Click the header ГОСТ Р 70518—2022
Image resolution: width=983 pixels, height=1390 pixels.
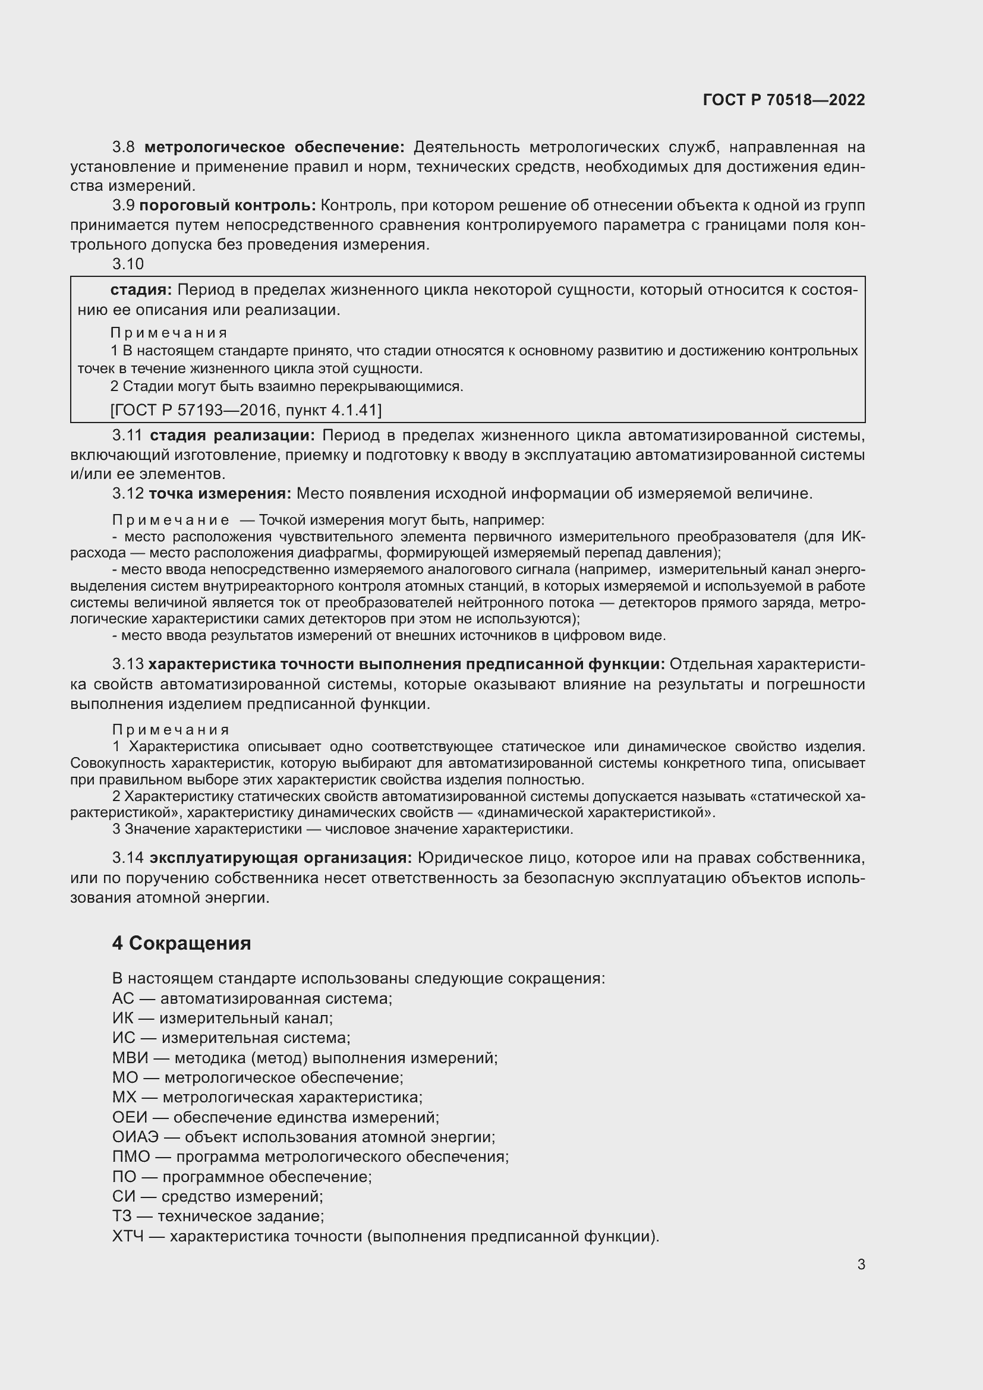[784, 100]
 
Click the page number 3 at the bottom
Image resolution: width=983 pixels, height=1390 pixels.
[861, 1264]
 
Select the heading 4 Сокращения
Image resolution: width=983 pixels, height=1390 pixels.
[181, 943]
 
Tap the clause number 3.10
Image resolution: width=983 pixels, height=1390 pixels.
[128, 264]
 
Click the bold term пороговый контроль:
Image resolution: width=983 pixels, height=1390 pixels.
[228, 206]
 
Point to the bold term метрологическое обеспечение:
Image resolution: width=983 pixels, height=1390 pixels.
[274, 147]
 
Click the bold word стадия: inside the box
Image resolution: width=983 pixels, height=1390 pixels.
[141, 290]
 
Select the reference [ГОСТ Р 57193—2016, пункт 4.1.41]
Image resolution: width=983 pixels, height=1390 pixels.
[246, 411]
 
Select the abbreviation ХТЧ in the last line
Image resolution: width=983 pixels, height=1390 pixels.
[128, 1236]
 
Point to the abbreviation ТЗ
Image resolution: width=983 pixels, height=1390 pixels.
[122, 1216]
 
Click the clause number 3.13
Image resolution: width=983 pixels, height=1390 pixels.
[128, 664]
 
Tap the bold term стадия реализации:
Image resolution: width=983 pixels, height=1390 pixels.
[232, 435]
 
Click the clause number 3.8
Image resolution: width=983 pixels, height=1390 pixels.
[124, 147]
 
